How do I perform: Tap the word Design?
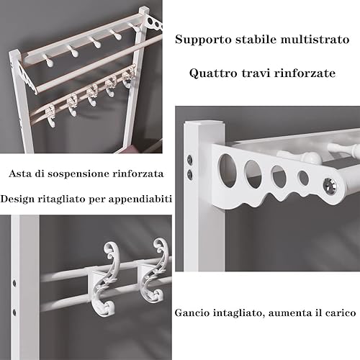click(x=19, y=198)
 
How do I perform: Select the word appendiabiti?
click(x=134, y=198)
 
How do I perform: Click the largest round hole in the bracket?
click(x=228, y=168)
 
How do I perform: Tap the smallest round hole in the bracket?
click(x=303, y=178)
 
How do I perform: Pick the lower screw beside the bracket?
click(x=190, y=174)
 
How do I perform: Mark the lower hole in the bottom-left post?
click(x=15, y=312)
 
